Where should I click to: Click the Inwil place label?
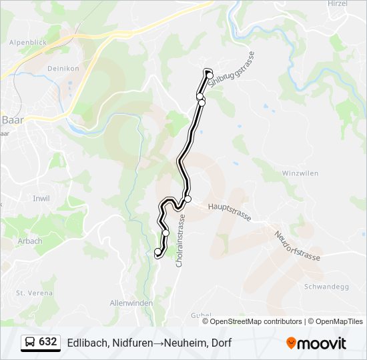tap(41, 198)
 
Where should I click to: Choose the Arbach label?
tap(30, 241)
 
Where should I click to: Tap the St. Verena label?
tap(29, 293)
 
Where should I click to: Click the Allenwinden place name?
tap(131, 303)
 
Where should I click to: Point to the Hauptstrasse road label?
tap(229, 213)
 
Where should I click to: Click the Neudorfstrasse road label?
tap(298, 246)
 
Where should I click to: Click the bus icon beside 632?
tap(29, 342)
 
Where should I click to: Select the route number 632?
tap(47, 342)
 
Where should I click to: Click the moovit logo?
tap(316, 343)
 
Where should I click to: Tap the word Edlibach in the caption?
tap(85, 343)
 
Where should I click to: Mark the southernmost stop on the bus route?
tap(158, 252)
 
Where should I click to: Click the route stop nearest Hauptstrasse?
tap(188, 199)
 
